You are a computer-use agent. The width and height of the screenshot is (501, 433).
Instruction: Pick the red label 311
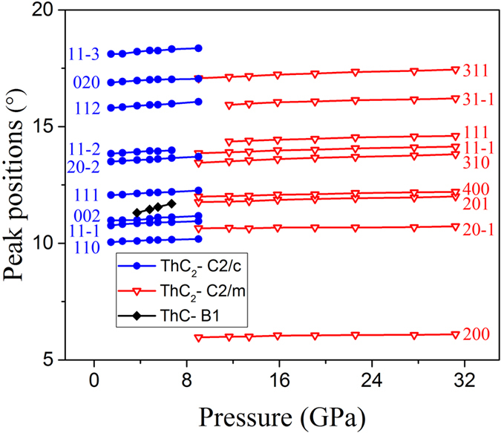pyautogui.click(x=475, y=71)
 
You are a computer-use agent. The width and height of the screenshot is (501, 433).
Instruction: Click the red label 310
pyautogui.click(x=475, y=162)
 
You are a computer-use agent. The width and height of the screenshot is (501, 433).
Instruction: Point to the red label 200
pyautogui.click(x=475, y=335)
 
